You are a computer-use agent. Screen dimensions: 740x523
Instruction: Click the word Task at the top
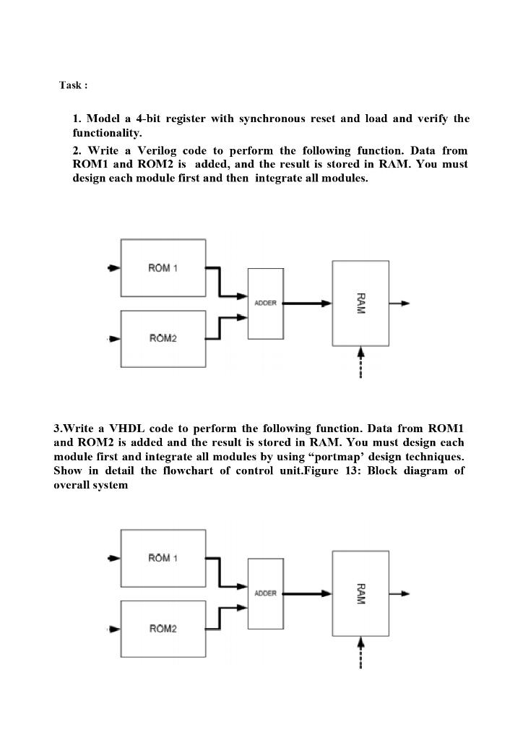point(71,85)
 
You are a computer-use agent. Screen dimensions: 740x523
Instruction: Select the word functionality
point(107,134)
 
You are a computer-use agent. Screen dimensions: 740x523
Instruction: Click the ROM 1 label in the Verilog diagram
point(163,268)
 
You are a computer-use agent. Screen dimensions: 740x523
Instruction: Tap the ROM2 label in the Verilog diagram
point(163,338)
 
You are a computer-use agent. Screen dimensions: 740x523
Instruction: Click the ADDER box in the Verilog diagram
point(265,304)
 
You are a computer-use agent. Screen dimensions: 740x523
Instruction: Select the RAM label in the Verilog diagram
point(360,304)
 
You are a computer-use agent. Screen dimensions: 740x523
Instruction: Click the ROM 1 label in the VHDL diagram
point(163,558)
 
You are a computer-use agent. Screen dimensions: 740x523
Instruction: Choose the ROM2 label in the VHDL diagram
point(163,628)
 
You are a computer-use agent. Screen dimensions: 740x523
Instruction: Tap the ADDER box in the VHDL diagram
point(265,593)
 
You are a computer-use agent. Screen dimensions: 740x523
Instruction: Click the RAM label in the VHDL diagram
point(360,593)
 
